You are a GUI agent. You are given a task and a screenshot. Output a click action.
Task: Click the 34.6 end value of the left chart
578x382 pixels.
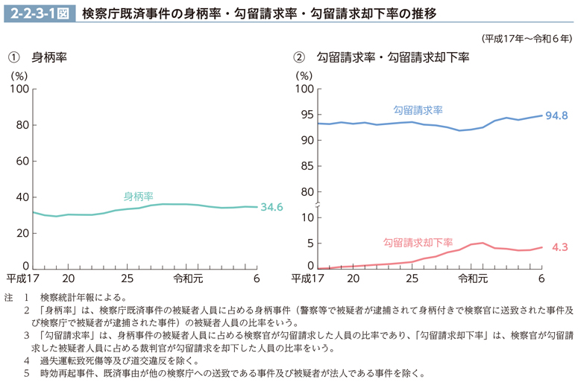coord(271,207)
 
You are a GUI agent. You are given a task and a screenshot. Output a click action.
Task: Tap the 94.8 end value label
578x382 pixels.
coord(556,115)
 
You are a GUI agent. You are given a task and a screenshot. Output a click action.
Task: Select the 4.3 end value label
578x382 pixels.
coord(560,246)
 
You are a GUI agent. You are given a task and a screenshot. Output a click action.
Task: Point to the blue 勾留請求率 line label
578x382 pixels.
coord(418,109)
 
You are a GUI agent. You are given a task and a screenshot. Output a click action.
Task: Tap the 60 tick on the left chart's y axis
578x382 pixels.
coord(22,161)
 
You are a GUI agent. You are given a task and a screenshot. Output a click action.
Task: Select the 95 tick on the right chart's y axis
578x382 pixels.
coord(304,115)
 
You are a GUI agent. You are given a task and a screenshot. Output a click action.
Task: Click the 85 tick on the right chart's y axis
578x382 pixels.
coord(304,166)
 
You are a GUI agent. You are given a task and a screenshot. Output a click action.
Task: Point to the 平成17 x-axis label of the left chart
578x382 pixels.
coord(23,279)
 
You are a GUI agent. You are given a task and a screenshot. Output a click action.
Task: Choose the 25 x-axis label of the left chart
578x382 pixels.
coord(126,279)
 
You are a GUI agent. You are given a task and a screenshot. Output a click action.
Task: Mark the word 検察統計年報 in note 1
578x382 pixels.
coord(72,298)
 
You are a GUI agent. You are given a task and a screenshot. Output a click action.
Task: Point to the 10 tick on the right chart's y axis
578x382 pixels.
coord(304,217)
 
